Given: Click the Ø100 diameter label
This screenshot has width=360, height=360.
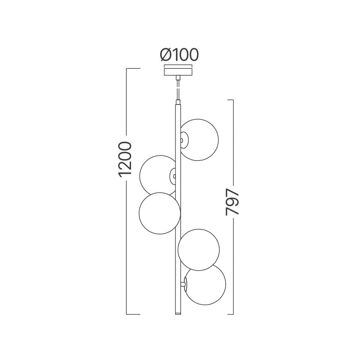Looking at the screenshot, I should coord(179,55).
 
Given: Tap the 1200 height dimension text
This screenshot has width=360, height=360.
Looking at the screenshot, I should coord(125,159).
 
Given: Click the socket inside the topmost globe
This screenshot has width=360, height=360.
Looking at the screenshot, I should coord(184,140).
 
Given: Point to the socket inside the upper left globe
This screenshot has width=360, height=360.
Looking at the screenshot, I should coord(173,176).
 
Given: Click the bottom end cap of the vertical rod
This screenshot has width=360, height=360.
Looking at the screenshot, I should coord(177,313).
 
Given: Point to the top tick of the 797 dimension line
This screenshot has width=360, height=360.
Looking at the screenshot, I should coord(230,100).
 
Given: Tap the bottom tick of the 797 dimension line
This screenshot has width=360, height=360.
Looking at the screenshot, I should coord(230,314).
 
